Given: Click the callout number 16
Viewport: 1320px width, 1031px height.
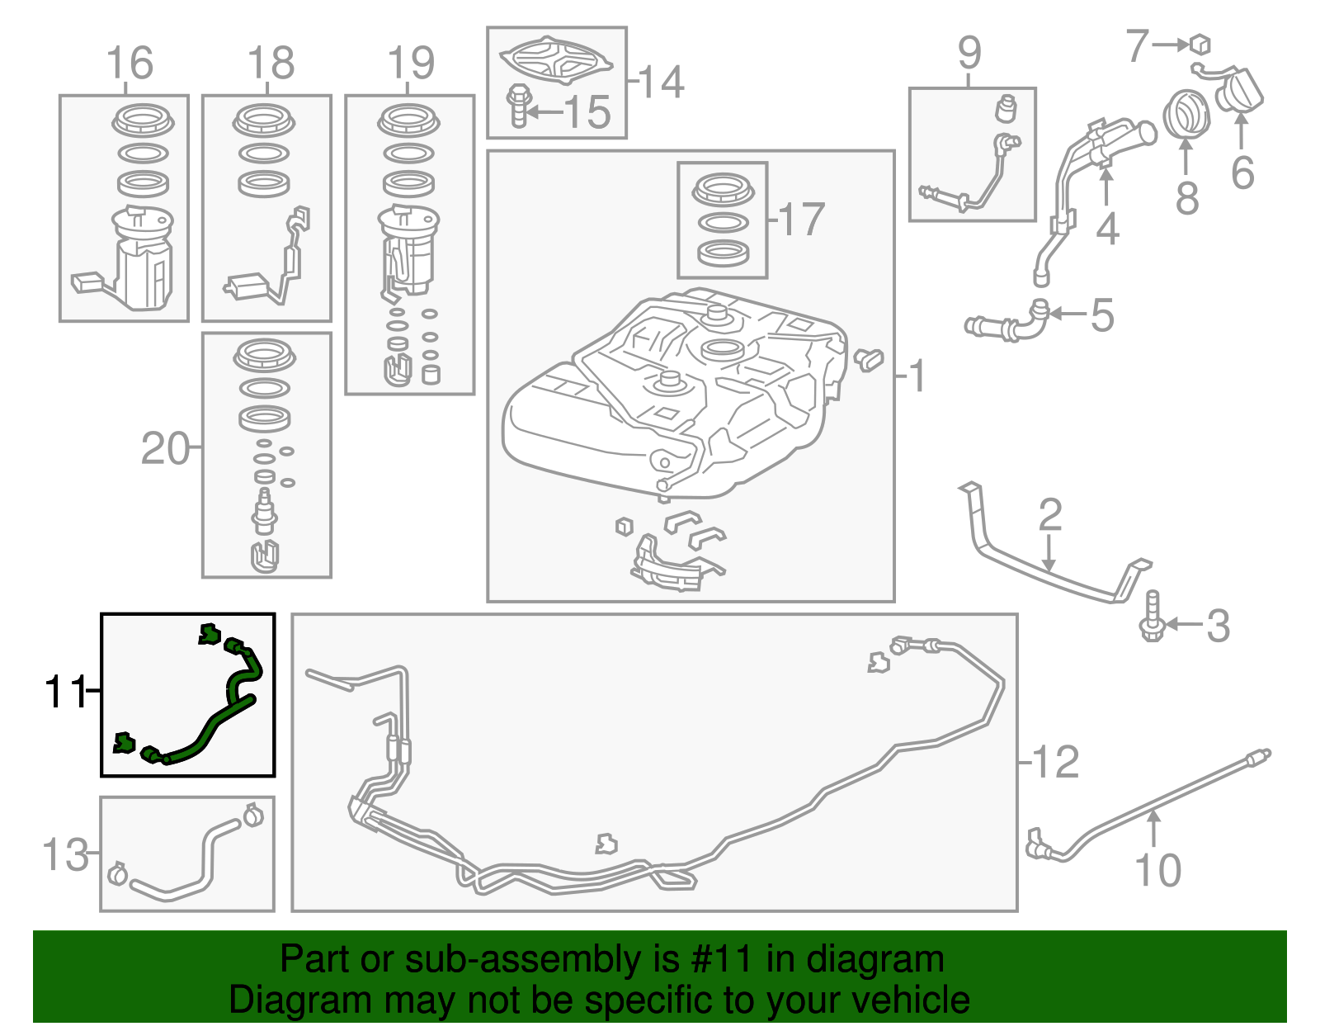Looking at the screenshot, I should pyautogui.click(x=130, y=64).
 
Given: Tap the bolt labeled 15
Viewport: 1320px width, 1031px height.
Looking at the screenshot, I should pyautogui.click(x=518, y=106).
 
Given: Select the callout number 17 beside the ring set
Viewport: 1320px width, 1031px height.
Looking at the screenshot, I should pyautogui.click(x=801, y=220).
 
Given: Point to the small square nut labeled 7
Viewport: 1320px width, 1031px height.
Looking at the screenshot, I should pyautogui.click(x=1200, y=43).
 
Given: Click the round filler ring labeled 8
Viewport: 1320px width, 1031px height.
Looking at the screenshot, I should pyautogui.click(x=1186, y=115).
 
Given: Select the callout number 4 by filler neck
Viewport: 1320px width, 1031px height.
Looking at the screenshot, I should pyautogui.click(x=1107, y=229).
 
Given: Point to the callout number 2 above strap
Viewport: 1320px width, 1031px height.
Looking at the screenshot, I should pyautogui.click(x=1049, y=515).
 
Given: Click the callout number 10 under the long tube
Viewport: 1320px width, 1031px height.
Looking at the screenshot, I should pyautogui.click(x=1157, y=870).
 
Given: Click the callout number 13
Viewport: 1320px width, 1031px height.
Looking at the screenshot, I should pyautogui.click(x=65, y=854).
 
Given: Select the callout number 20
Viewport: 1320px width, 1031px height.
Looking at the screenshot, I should pyautogui.click(x=165, y=449).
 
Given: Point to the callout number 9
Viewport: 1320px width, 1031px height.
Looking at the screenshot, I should pyautogui.click(x=969, y=53).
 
